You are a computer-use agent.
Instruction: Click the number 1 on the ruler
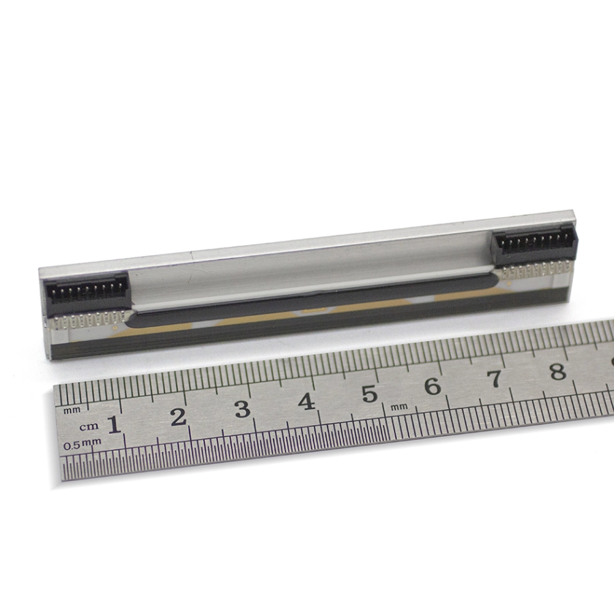[x=114, y=424]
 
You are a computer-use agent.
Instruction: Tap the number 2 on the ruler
[x=179, y=417]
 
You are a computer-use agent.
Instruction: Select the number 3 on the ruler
[x=242, y=409]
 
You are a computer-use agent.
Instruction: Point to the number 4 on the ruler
[x=306, y=401]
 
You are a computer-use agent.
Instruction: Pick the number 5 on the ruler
[x=370, y=394]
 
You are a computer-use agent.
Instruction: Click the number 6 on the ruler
[x=433, y=387]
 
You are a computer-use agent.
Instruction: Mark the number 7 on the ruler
[x=495, y=379]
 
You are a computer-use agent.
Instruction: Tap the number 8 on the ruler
[x=558, y=371]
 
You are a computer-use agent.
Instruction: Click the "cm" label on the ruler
[x=89, y=427]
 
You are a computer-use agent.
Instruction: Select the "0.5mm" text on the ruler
[x=83, y=444]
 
